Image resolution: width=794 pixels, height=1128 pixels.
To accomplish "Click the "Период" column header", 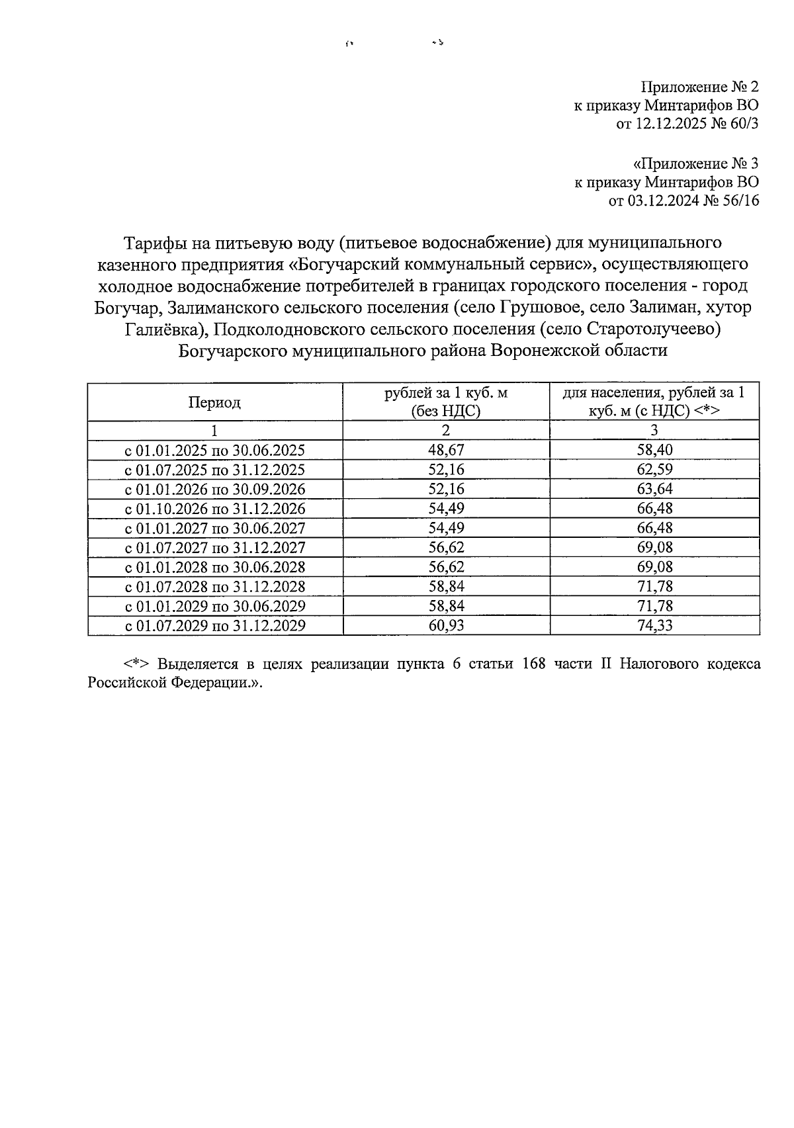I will [x=214, y=402].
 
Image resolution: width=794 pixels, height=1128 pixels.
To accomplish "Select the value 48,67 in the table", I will [x=446, y=451].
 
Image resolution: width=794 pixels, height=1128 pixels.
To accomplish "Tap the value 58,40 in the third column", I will [x=654, y=451].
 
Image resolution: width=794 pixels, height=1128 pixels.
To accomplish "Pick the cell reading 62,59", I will [x=654, y=470].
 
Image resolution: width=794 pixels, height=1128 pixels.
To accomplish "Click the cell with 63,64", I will [x=654, y=490].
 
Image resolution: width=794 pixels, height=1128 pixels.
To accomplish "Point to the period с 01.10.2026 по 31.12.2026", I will [x=215, y=509].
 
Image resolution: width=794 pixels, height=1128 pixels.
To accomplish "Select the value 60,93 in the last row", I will [x=446, y=625].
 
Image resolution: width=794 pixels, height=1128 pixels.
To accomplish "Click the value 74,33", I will [x=654, y=625].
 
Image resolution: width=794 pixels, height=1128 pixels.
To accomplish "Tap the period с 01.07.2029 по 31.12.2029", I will [x=215, y=625].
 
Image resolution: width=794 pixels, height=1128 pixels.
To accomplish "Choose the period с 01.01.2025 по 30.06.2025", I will [x=215, y=451].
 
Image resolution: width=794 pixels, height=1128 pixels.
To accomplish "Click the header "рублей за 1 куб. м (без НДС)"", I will [x=446, y=402].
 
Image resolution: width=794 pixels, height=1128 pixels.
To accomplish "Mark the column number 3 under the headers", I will [x=654, y=430].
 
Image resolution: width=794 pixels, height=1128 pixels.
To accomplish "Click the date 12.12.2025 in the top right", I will [x=670, y=123].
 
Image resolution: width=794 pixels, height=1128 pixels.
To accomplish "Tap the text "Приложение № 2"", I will [x=699, y=87].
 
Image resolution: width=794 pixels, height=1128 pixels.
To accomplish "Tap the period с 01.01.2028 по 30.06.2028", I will [x=215, y=567].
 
